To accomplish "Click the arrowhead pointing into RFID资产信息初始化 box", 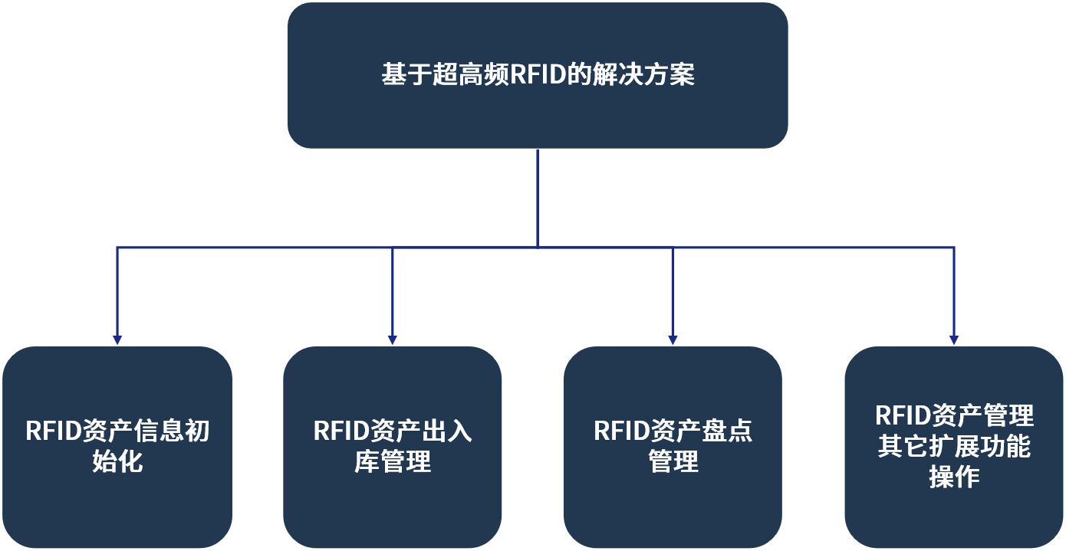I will tap(117, 339).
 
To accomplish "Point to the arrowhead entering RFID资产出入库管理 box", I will tap(392, 339).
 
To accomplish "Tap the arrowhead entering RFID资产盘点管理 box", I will tap(673, 339).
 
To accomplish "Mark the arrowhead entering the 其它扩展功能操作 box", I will tap(954, 339).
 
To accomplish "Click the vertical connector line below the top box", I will tap(537, 198).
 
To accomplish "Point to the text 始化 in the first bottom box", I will tap(117, 462).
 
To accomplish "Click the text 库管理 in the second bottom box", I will tap(392, 462).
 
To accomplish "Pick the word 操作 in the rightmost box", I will tap(954, 477).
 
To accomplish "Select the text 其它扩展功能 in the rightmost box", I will tap(954, 447).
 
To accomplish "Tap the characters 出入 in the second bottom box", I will tap(446, 431).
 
